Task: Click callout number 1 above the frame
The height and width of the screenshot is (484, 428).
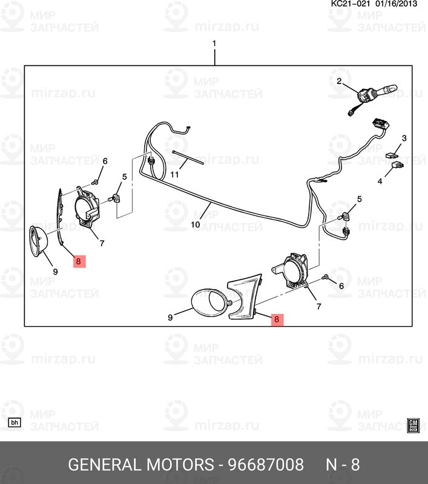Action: coord(214,44)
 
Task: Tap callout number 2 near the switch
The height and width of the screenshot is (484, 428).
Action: coord(339,81)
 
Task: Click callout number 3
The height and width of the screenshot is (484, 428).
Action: coord(404,139)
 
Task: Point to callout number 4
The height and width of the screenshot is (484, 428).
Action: coord(380,181)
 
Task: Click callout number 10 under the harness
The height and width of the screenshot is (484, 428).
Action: coord(195,224)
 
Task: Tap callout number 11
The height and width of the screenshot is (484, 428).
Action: coord(174,175)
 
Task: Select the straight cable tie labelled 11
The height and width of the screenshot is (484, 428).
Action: coord(188,157)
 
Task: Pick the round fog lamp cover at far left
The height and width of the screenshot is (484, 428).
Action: coord(38,241)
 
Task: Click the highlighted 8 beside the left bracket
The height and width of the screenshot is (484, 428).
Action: coord(79,261)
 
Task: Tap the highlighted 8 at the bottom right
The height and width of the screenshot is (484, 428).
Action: coord(277,319)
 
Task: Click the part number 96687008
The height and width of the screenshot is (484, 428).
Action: coord(266,464)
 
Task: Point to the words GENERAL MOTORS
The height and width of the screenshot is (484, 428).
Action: coord(140,464)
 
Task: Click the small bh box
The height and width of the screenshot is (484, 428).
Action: coord(15,422)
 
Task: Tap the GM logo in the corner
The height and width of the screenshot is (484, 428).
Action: coord(413,425)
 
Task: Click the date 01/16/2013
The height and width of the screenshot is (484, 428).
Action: coord(396,4)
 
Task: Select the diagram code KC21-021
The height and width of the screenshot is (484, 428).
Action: coord(351,4)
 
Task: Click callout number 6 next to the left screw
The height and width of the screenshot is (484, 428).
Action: coord(105,161)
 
